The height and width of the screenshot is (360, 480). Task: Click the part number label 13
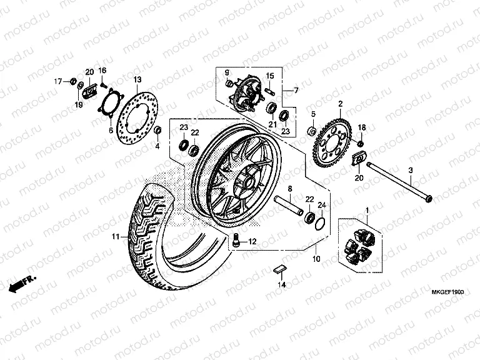coord(137,79)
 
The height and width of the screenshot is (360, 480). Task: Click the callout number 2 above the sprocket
coord(340,103)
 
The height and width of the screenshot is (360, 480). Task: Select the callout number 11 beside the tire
coord(115,237)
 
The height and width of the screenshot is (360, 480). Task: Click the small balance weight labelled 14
coord(281,270)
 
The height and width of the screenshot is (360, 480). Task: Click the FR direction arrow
coord(22,283)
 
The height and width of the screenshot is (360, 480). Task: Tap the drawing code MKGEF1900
coord(451,291)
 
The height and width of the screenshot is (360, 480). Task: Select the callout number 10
coord(316,258)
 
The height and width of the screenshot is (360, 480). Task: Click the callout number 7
coord(296,91)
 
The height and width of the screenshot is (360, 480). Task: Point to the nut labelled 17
coord(73,81)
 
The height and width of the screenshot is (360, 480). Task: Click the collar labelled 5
coord(311,131)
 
